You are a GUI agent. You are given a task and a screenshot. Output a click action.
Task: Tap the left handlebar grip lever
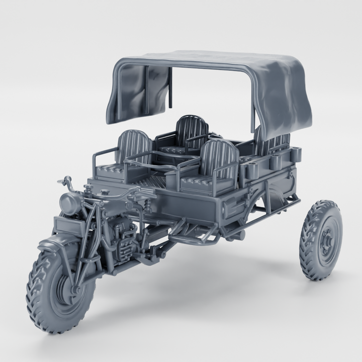click(x=63, y=181)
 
